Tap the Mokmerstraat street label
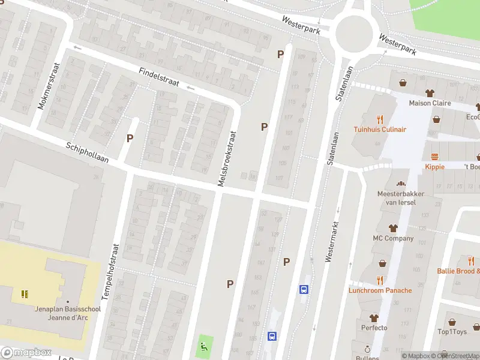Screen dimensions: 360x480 [49, 86]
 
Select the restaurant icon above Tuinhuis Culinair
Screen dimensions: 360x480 [379, 119]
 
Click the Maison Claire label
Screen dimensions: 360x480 [430, 103]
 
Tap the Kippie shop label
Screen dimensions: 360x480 [434, 167]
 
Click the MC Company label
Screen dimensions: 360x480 [393, 238]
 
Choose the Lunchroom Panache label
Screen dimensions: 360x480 [380, 290]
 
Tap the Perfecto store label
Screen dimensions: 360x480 [374, 328]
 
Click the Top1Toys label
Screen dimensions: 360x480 [452, 332]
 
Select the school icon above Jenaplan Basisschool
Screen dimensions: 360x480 [25, 294]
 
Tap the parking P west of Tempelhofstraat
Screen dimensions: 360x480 [130, 138]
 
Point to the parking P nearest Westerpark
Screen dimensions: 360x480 [280, 55]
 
